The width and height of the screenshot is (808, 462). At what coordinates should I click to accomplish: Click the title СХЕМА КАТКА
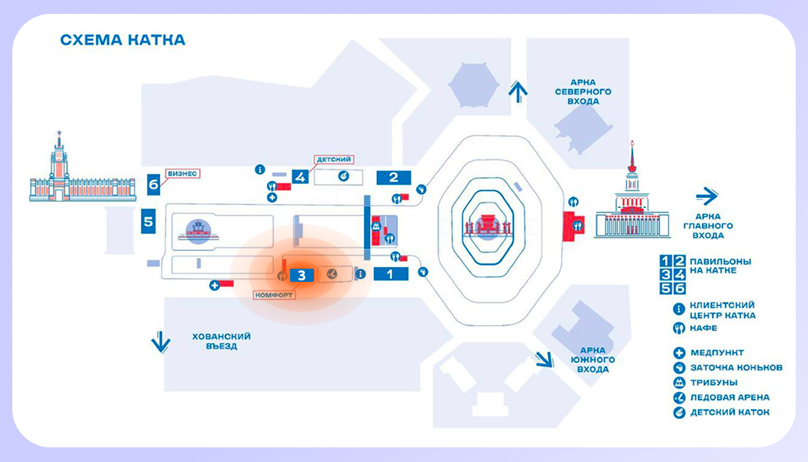coord(122,39)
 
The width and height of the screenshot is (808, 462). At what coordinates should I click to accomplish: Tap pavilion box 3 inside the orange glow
coord(302,273)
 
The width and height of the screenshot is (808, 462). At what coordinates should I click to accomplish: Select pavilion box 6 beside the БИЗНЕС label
coord(154,184)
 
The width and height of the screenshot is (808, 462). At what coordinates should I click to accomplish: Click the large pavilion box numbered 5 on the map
coord(149,223)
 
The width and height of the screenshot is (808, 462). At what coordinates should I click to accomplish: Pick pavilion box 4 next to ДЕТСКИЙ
coord(300,177)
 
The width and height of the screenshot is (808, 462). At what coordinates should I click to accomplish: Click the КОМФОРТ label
coord(272,294)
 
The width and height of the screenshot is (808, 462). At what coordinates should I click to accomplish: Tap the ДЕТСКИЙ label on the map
coord(333,159)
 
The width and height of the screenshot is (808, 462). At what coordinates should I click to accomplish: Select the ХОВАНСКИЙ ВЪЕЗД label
coord(222,341)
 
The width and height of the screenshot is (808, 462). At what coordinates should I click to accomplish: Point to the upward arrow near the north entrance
coord(519,92)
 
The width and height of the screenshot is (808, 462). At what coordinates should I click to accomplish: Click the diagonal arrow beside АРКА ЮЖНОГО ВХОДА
coord(545,359)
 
